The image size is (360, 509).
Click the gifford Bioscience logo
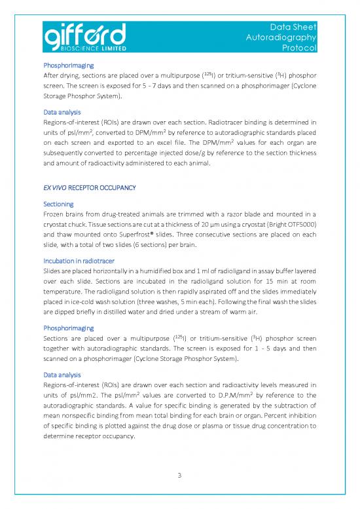tap(86, 36)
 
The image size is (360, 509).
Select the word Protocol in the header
tap(298, 48)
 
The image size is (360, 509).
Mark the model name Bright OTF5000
tap(291, 225)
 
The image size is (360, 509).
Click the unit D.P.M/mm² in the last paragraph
tap(236, 405)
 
